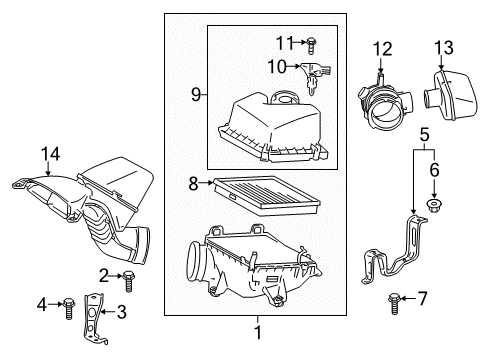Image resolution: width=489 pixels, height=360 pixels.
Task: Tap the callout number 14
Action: [x=45, y=154]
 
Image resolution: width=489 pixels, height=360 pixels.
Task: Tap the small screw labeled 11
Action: [x=312, y=43]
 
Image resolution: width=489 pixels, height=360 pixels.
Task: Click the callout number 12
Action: [x=381, y=49]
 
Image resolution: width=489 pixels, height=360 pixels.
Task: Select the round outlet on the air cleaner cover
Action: [x=286, y=98]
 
